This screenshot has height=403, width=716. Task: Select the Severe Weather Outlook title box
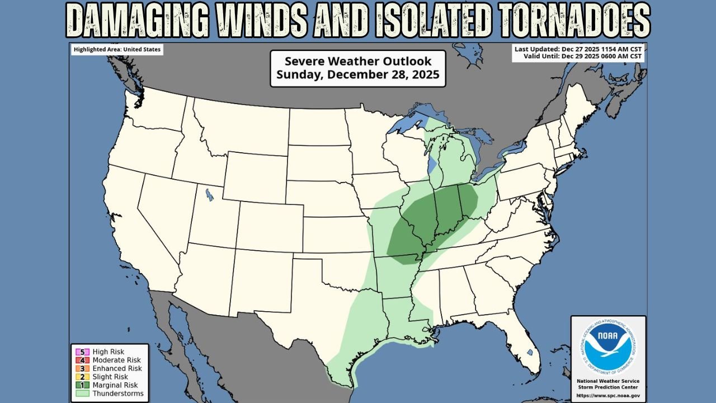pyautogui.click(x=357, y=68)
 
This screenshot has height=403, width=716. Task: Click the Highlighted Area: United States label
pyautogui.click(x=117, y=50)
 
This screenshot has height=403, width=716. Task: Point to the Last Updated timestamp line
pyautogui.click(x=578, y=49)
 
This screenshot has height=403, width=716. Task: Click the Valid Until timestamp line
pyautogui.click(x=583, y=57)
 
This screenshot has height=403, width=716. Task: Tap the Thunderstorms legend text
pyautogui.click(x=118, y=393)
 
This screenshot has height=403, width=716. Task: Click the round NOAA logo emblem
pyautogui.click(x=608, y=346)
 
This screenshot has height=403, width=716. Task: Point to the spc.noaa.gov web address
pyautogui.click(x=608, y=395)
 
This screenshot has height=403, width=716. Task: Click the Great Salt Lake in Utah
pyautogui.click(x=209, y=194)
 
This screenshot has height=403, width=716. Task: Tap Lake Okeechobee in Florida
pyautogui.click(x=530, y=353)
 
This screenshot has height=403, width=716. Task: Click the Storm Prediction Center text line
pyautogui.click(x=608, y=387)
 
